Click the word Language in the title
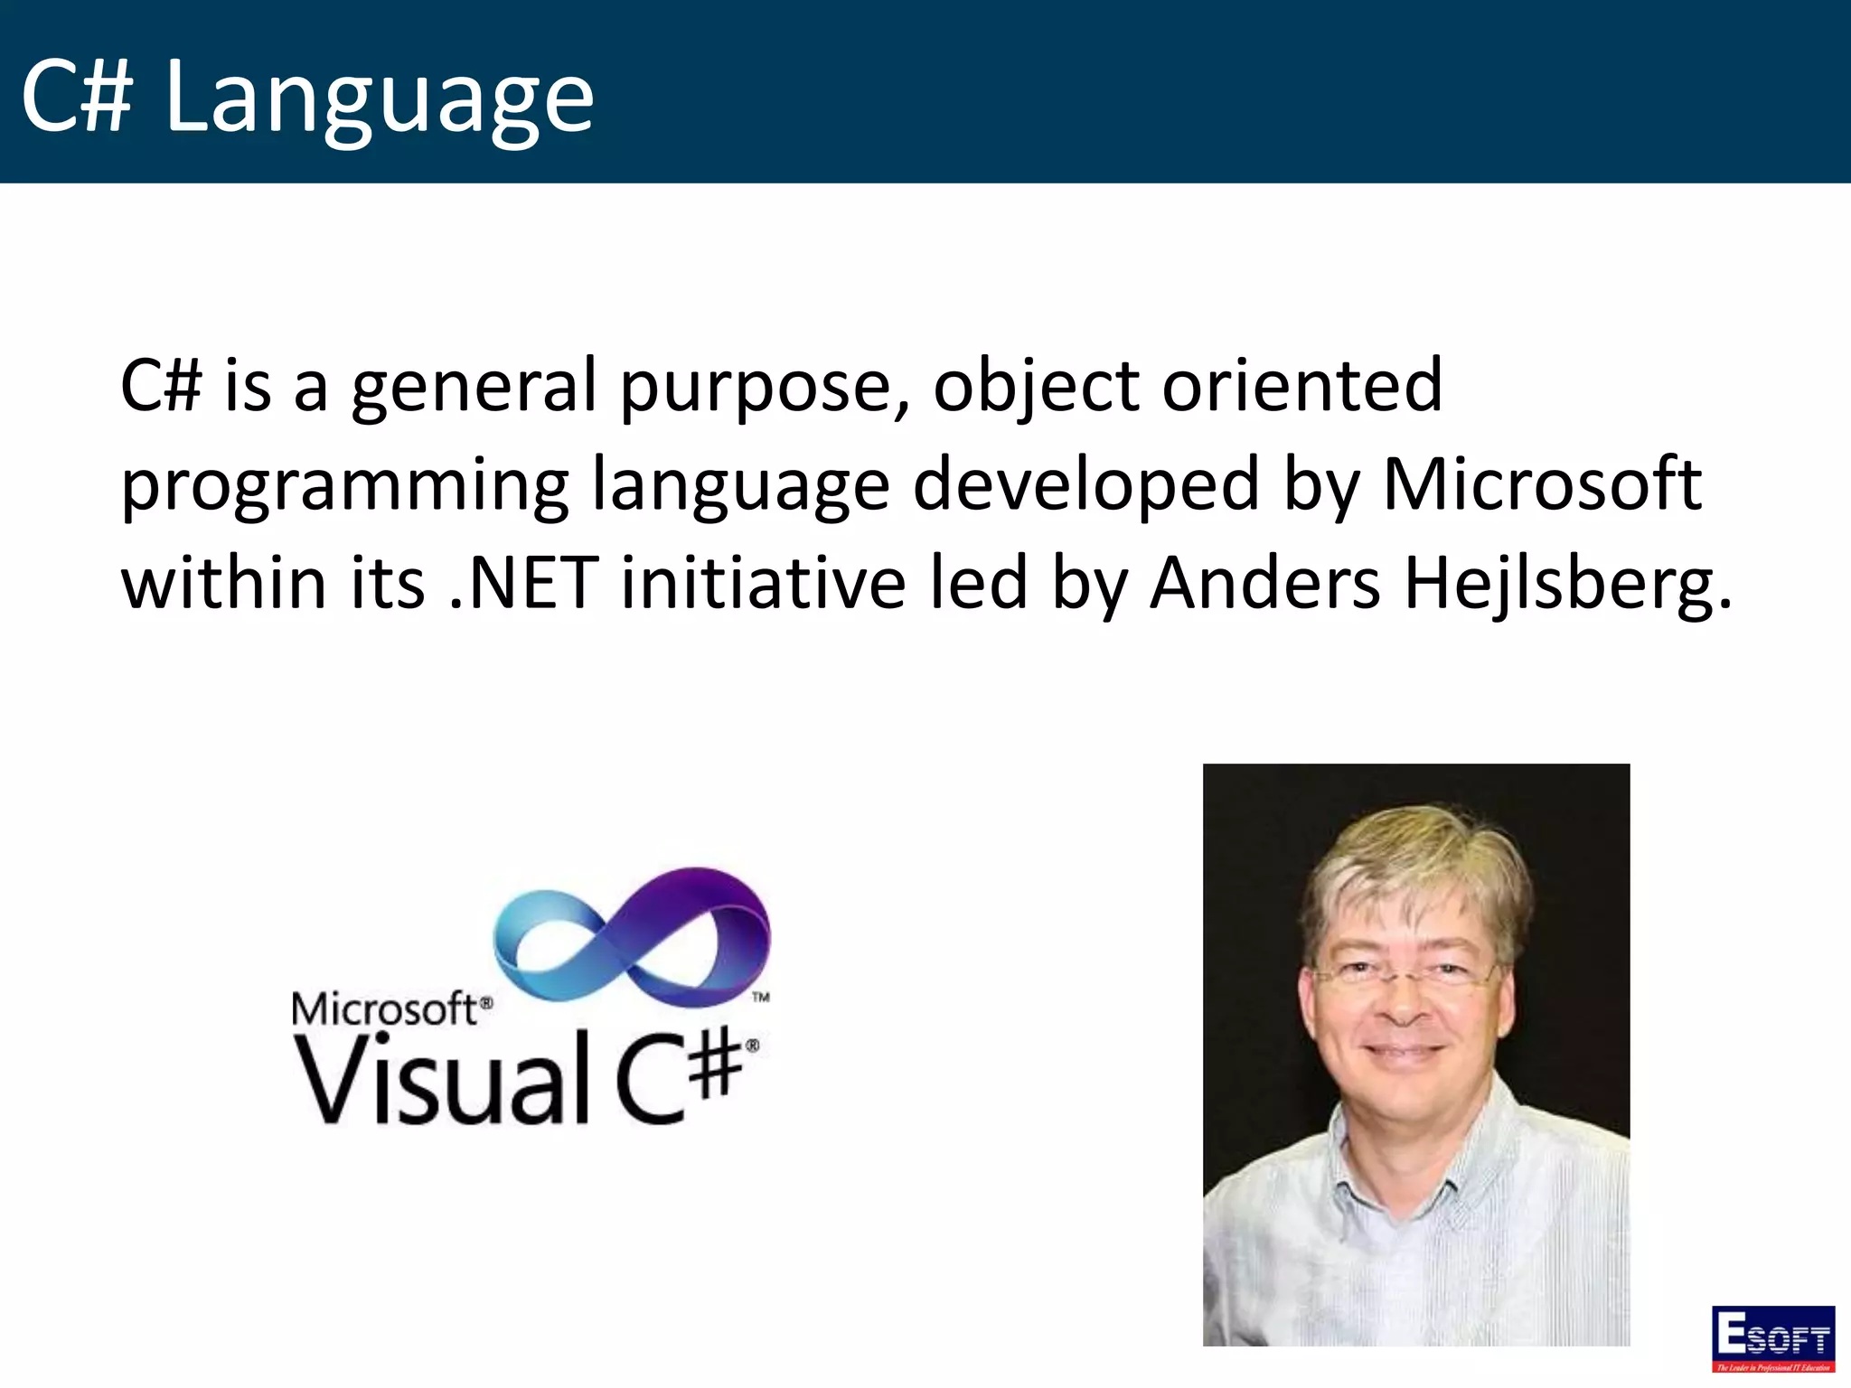[x=379, y=96]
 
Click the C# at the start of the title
[x=78, y=96]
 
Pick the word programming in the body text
[x=344, y=485]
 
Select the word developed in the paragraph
[x=1085, y=485]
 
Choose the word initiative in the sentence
[x=763, y=583]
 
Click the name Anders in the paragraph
[x=1264, y=583]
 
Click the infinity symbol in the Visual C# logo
[x=632, y=935]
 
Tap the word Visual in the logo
[x=442, y=1080]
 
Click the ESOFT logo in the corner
[x=1772, y=1336]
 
